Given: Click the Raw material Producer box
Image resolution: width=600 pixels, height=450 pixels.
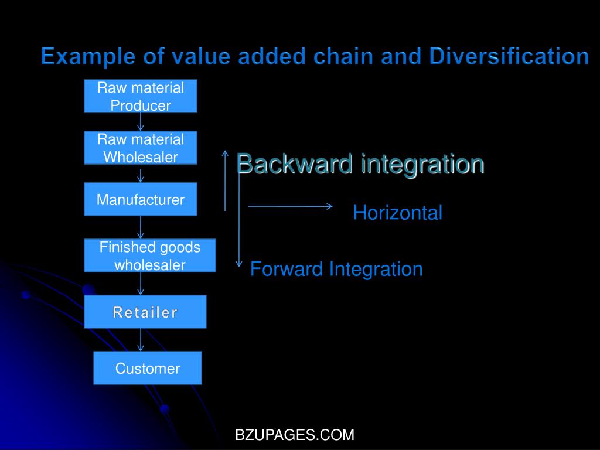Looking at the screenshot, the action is pyautogui.click(x=141, y=96).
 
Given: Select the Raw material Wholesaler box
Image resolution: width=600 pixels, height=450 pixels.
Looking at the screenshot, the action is pyautogui.click(x=141, y=148).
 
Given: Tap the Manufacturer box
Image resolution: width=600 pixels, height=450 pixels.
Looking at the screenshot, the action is pyautogui.click(x=141, y=199).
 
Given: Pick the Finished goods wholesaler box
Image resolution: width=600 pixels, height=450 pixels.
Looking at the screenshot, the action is pyautogui.click(x=149, y=255).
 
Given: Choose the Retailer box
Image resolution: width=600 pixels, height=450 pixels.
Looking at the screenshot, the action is pyautogui.click(x=145, y=312).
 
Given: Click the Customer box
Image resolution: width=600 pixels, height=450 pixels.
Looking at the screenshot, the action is pyautogui.click(x=148, y=368).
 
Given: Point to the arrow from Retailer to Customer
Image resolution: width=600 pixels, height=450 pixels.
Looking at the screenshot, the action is pyautogui.click(x=141, y=340).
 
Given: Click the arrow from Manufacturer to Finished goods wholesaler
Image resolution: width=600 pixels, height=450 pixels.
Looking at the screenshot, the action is pyautogui.click(x=141, y=227).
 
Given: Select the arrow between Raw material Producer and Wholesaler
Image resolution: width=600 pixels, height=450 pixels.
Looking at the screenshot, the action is pyautogui.click(x=141, y=122).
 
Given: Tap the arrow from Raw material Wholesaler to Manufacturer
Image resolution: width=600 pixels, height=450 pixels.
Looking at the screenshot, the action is pyautogui.click(x=141, y=175).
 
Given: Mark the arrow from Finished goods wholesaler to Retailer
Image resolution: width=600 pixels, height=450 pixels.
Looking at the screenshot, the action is pyautogui.click(x=141, y=284).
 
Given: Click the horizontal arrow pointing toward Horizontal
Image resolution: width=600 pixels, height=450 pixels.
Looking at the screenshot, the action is pyautogui.click(x=290, y=206).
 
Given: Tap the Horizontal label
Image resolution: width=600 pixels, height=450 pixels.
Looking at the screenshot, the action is pyautogui.click(x=397, y=213).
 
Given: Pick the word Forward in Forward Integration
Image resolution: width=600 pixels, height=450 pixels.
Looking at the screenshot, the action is pyautogui.click(x=287, y=270).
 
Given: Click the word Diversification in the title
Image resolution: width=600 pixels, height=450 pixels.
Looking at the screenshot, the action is pyautogui.click(x=509, y=57).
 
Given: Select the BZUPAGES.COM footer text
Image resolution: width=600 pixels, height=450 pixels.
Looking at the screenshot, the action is pyautogui.click(x=295, y=435).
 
